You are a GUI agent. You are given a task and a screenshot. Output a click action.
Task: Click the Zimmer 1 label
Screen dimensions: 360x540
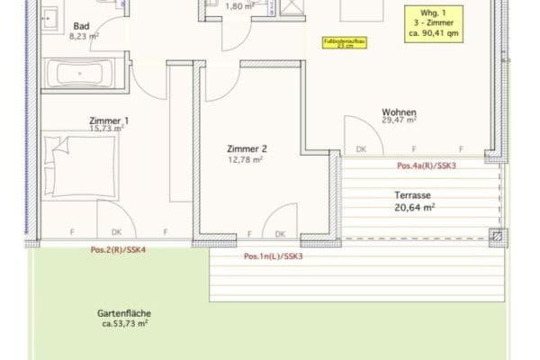tap(108, 120)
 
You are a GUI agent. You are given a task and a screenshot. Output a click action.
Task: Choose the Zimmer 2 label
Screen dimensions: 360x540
tap(246, 149)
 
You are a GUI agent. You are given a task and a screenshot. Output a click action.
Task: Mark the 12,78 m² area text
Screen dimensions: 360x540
tap(245, 160)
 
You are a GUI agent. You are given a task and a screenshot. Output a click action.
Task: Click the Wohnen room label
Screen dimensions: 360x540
tap(399, 109)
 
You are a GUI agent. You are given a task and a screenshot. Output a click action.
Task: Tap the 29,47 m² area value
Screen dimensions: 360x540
tap(399, 119)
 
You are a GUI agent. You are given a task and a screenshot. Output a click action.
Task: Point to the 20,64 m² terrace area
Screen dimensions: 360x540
tap(414, 206)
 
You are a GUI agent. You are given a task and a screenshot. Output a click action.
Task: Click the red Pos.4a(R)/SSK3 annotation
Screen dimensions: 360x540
tap(426, 166)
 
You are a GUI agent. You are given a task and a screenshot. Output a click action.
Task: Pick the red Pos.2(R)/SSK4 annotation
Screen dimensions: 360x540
tap(118, 248)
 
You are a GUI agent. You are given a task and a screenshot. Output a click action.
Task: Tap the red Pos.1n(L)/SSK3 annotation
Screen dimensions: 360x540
tap(274, 256)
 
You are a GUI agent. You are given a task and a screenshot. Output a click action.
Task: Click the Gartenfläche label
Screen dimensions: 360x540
tap(123, 313)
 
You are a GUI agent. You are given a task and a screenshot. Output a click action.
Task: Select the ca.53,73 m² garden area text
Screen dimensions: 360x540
tap(123, 323)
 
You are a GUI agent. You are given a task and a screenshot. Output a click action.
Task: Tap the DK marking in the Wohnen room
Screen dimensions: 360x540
tap(362, 149)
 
